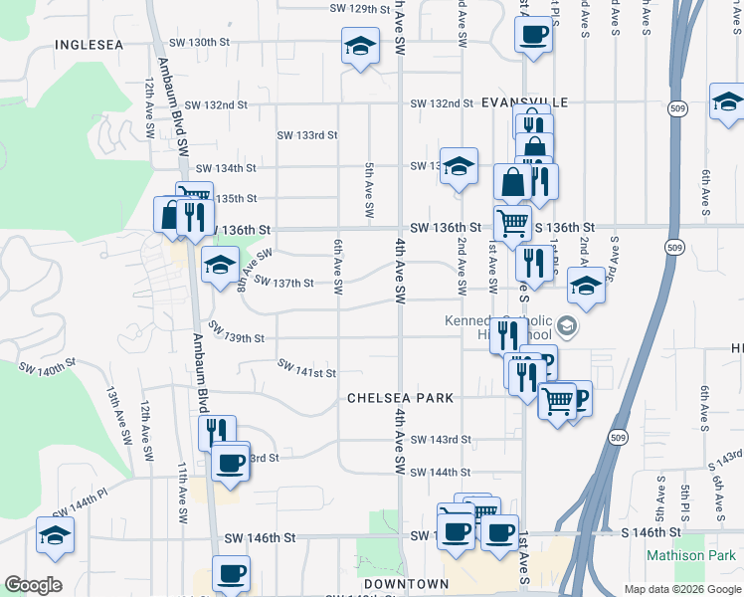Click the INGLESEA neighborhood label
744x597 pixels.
90,45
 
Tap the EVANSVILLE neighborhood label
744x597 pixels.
524,102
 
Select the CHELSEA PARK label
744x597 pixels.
400,398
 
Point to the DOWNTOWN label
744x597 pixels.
406,583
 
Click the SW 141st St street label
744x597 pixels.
306,371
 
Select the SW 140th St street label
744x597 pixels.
47,368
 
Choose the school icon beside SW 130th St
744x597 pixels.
360,45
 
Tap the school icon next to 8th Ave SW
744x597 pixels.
220,265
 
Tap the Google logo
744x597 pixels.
33,585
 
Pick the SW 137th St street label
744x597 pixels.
283,284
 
